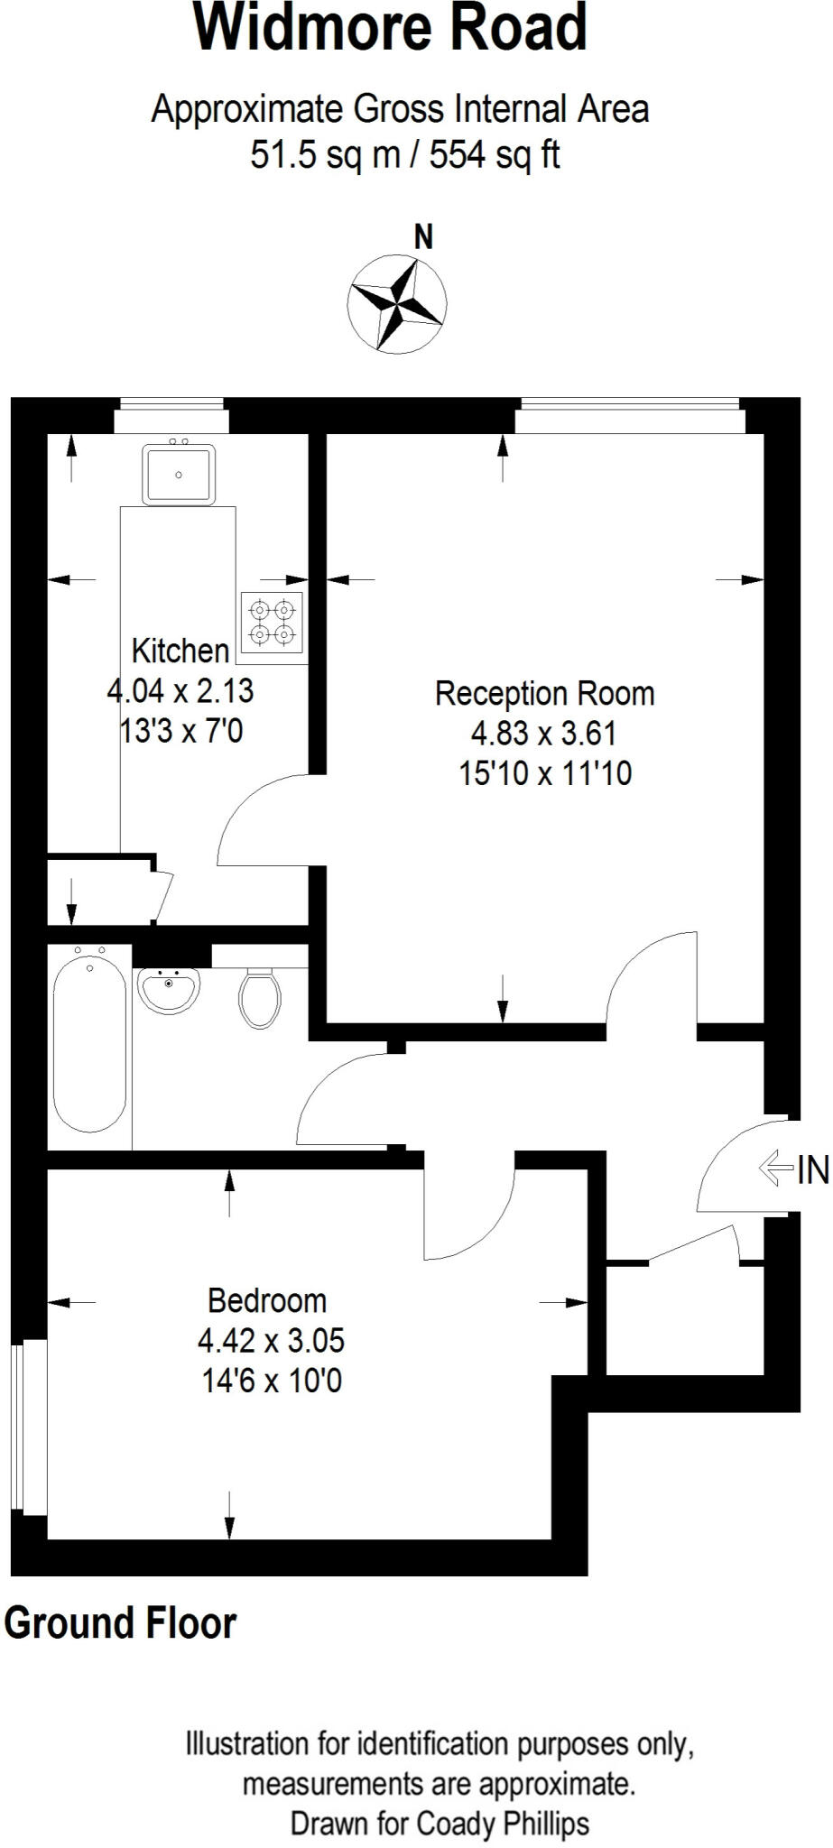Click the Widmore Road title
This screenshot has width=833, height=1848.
(x=390, y=29)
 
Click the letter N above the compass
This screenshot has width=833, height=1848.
(x=423, y=237)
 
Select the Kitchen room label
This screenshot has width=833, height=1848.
(x=180, y=650)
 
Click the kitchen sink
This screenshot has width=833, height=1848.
(x=179, y=474)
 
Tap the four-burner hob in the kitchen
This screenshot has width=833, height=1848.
(x=273, y=623)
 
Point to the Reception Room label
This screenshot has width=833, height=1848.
(x=544, y=693)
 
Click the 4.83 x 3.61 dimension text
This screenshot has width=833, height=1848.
(x=544, y=733)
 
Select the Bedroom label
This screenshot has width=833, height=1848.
(x=267, y=1300)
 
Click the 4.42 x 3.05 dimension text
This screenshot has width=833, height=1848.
(x=271, y=1340)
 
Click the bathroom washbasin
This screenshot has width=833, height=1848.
(x=169, y=990)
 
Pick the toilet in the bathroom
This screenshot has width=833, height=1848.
(x=260, y=998)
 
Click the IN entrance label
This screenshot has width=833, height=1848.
(x=813, y=1170)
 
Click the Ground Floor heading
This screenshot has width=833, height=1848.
(x=120, y=1623)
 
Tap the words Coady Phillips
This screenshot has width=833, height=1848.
(x=502, y=1824)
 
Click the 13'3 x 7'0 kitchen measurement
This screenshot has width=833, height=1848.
(x=181, y=730)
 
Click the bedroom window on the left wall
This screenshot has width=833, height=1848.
(x=28, y=1427)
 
